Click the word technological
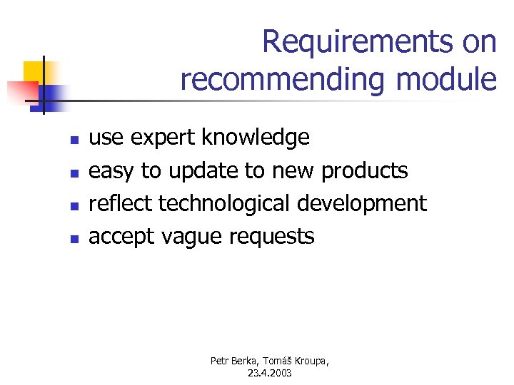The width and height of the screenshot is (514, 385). pyautogui.click(x=224, y=204)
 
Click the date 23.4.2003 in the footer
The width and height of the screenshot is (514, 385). pyautogui.click(x=270, y=373)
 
